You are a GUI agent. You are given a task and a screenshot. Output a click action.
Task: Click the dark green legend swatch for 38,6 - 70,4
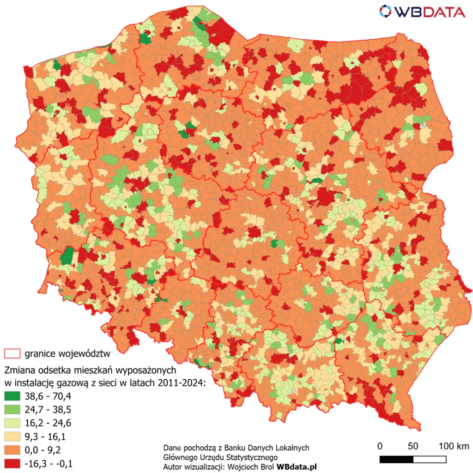pyautogui.click(x=12, y=396)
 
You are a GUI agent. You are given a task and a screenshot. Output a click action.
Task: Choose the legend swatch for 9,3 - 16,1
pyautogui.click(x=12, y=436)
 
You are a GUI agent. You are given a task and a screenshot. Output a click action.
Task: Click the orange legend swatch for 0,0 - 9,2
pyautogui.click(x=12, y=449)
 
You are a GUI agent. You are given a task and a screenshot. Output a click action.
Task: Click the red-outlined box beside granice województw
pyautogui.click(x=12, y=354)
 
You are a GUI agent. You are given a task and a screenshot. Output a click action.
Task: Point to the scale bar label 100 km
pyautogui.click(x=454, y=446)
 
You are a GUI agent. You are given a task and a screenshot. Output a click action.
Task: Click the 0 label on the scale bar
pyautogui.click(x=380, y=446)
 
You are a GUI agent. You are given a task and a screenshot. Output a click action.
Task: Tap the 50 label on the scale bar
pyautogui.click(x=413, y=446)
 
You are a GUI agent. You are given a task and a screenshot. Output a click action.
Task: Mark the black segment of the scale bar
pyautogui.click(x=396, y=459)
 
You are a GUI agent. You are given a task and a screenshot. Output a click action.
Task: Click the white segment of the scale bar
pyautogui.click(x=430, y=459)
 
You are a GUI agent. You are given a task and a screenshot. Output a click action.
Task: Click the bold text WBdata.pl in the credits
pyautogui.click(x=297, y=467)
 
